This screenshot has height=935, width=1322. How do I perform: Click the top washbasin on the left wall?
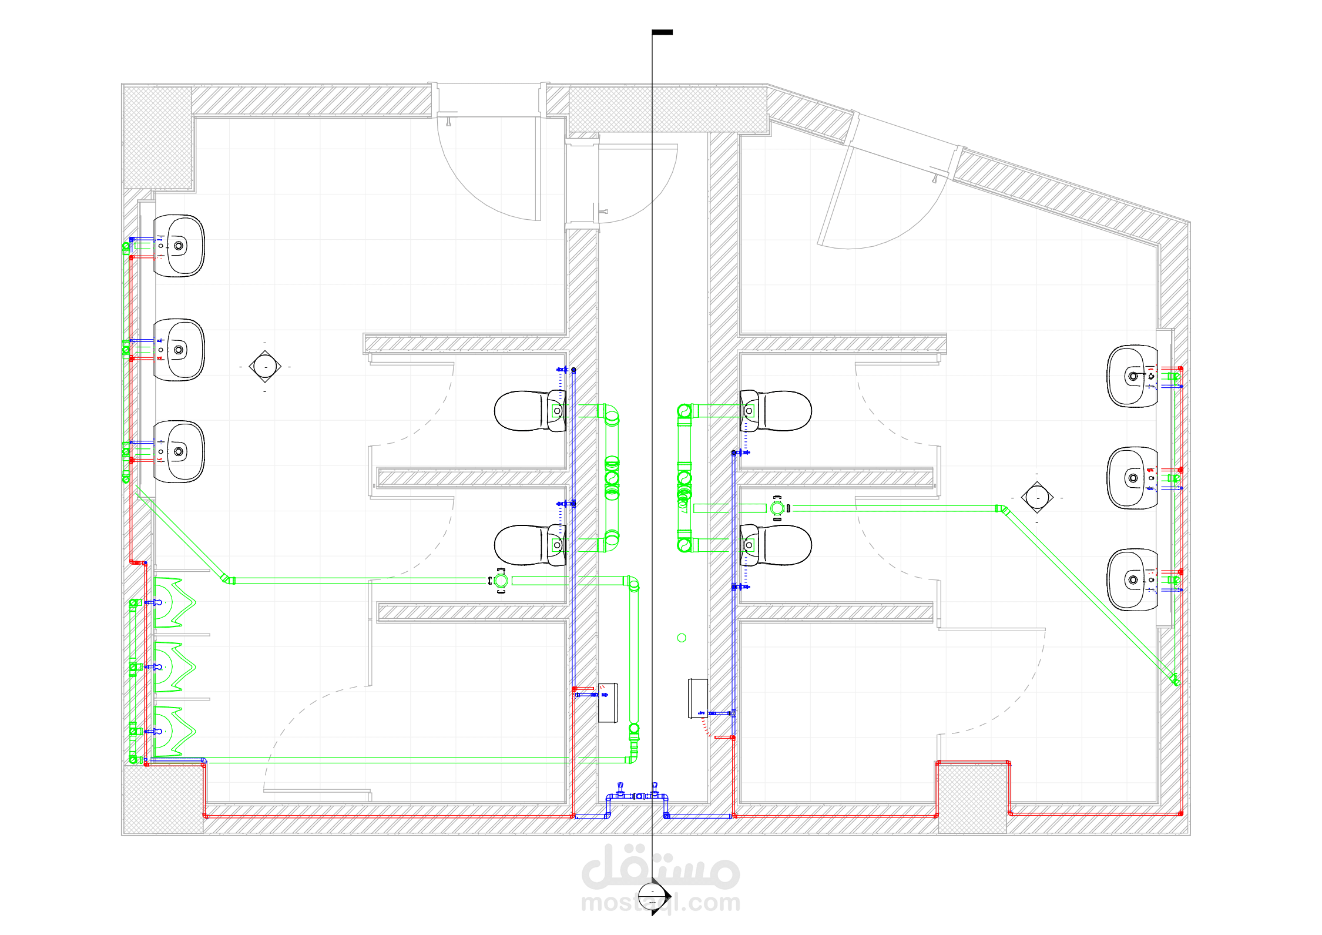click(x=179, y=246)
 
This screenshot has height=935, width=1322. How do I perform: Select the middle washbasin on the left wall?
click(x=179, y=350)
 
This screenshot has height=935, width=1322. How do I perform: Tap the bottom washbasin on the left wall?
click(x=179, y=451)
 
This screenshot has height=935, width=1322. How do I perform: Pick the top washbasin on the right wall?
click(x=1132, y=376)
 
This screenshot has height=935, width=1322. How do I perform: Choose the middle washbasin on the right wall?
click(x=1132, y=478)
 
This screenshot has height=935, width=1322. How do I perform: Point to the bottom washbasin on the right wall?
click(x=1132, y=579)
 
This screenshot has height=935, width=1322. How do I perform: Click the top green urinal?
click(x=175, y=602)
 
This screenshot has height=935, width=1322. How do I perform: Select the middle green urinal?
click(x=175, y=667)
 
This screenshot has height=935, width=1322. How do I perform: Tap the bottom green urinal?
click(x=175, y=732)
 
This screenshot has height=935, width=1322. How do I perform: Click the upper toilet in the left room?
click(x=531, y=411)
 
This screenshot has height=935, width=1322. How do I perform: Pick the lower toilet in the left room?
click(x=531, y=545)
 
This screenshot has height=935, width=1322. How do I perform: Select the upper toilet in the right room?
click(x=776, y=411)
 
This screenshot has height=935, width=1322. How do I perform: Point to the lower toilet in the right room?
click(x=776, y=545)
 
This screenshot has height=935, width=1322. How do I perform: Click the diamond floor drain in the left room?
click(x=265, y=367)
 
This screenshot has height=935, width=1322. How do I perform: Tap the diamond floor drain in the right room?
click(x=1037, y=498)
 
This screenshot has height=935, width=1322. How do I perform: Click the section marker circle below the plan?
click(x=652, y=896)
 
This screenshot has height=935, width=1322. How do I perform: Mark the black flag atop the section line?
click(x=662, y=32)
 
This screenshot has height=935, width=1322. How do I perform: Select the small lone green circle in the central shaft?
click(x=682, y=638)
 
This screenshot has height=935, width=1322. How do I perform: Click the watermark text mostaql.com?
click(x=661, y=902)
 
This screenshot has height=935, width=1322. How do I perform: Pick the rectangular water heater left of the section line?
click(x=608, y=703)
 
